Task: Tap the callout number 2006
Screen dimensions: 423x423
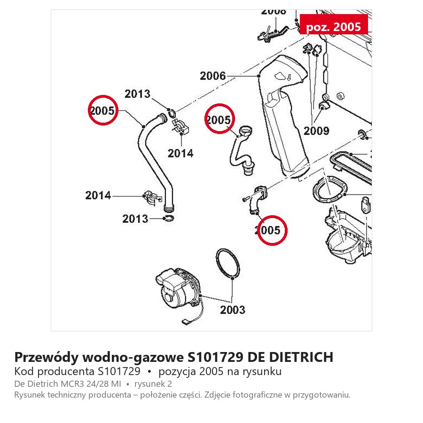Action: (x=212, y=76)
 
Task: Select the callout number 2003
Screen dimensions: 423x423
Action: (x=233, y=310)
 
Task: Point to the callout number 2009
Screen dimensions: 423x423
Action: (x=316, y=131)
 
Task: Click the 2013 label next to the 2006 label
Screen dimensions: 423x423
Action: (x=137, y=94)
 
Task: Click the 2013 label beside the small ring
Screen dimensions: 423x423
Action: (x=135, y=219)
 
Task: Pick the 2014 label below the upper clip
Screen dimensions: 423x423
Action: (x=180, y=154)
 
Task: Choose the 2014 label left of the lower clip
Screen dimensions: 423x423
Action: (x=98, y=196)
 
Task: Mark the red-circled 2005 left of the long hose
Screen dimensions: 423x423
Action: (x=103, y=110)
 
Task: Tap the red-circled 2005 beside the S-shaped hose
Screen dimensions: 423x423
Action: (x=219, y=119)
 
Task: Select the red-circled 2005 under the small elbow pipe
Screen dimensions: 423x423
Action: (x=272, y=230)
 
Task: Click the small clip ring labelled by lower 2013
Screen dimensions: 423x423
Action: (x=169, y=218)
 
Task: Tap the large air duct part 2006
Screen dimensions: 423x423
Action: (x=283, y=116)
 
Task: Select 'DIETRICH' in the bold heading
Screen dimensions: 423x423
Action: (x=301, y=357)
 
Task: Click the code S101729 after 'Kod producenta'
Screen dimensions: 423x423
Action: (x=119, y=371)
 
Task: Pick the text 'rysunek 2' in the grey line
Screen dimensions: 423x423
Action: (x=153, y=384)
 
